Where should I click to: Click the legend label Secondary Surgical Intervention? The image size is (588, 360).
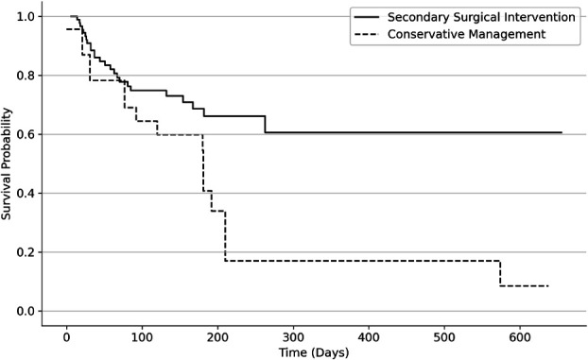[481, 17]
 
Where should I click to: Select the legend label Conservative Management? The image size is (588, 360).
[466, 34]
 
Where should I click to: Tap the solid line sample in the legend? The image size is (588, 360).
[367, 17]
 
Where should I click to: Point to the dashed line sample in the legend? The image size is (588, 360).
[367, 35]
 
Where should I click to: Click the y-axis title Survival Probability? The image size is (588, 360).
[6, 163]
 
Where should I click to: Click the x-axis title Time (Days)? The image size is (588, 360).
[314, 352]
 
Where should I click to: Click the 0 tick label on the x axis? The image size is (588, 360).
[67, 337]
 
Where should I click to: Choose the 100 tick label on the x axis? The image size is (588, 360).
[142, 337]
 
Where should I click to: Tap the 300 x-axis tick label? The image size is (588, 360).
[293, 337]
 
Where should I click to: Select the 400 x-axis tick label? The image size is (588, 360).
[369, 337]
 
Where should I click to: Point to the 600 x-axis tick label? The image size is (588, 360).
[520, 337]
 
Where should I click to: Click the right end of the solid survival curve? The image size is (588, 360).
[562, 132]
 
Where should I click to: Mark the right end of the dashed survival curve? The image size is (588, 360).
[548, 286]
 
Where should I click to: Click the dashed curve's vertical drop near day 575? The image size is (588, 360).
[500, 273]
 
